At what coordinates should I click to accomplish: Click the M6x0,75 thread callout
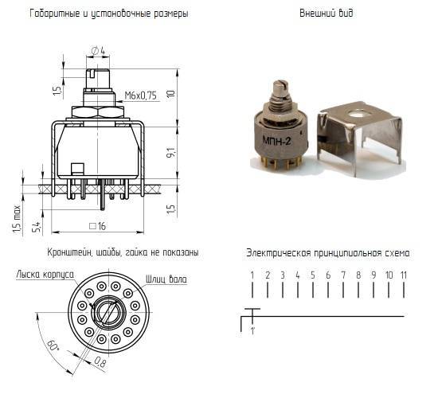point(140,96)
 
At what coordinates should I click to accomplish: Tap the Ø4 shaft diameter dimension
point(98,50)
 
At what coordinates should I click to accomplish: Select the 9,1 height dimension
point(171,152)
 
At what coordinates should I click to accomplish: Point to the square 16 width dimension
point(98,226)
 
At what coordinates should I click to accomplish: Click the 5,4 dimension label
point(37,226)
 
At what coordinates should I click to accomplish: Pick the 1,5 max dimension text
point(18,220)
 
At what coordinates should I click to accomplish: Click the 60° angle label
point(53,345)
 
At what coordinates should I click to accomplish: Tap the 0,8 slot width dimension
point(100,362)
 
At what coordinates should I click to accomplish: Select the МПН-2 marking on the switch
point(277,140)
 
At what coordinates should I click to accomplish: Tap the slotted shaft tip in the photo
point(280,84)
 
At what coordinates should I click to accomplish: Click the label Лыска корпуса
point(45,275)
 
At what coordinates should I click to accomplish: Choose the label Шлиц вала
point(166,279)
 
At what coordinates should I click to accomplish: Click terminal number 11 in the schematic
point(404,275)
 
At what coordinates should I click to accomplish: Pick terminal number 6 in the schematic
point(328,275)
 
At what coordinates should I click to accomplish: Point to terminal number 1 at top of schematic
point(252,275)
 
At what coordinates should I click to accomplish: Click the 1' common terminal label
point(252,331)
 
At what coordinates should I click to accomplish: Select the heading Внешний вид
point(327,13)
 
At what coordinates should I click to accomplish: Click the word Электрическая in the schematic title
point(279,253)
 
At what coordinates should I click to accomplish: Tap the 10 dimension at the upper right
point(171,93)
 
